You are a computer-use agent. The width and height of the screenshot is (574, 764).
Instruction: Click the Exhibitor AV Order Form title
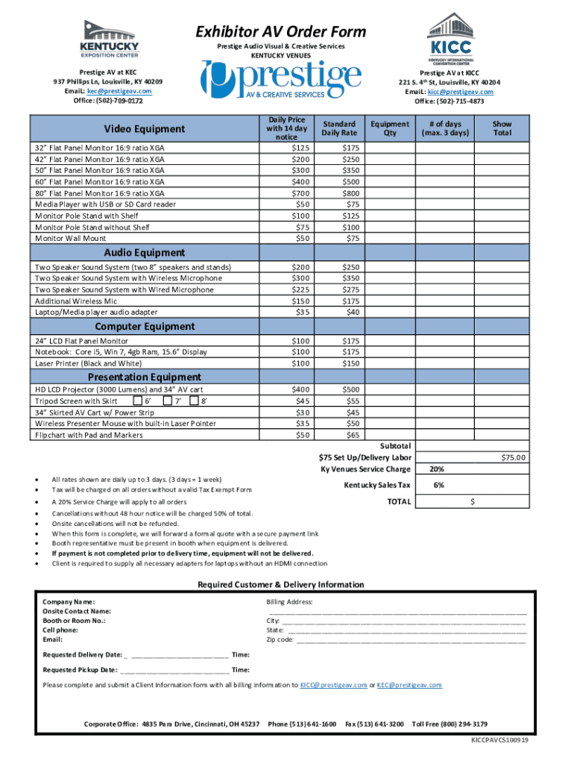281,31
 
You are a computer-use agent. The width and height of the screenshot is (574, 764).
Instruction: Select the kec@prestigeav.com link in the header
119,90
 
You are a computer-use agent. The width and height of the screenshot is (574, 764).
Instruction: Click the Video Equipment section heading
144,129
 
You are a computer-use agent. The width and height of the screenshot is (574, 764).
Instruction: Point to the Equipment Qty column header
390,128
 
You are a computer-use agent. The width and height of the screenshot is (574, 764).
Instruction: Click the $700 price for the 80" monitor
301,192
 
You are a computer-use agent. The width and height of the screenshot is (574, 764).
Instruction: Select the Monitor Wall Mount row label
71,238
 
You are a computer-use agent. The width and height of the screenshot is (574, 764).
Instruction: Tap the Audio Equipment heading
144,253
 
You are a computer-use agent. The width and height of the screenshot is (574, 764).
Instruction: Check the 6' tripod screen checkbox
148,401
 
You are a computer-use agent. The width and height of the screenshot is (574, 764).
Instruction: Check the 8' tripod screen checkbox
195,401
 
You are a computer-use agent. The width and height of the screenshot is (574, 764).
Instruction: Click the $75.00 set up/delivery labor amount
512,457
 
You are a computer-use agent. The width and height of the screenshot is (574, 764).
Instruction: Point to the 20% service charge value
438,469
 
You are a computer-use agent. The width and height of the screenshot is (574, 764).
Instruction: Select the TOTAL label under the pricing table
398,502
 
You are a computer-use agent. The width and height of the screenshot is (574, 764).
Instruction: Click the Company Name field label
69,601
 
